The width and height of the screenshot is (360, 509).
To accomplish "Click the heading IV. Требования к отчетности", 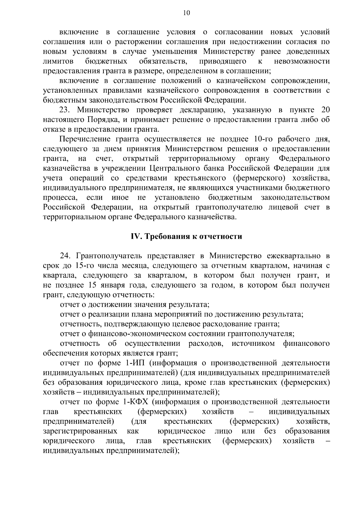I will pyautogui.click(x=186, y=237).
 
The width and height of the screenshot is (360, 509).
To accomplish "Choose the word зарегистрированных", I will pyautogui.click(x=80, y=431).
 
